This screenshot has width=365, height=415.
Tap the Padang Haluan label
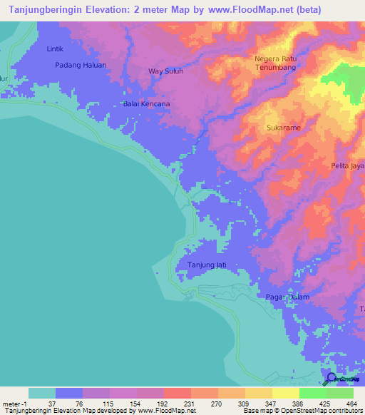[x=81, y=65]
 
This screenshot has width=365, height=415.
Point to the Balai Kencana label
[x=146, y=103]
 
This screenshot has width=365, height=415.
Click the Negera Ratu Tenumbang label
[x=275, y=63]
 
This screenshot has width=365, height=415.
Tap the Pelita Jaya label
[x=348, y=165]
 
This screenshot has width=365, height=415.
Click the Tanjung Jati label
[x=206, y=265]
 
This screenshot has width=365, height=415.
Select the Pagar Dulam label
[x=306, y=296]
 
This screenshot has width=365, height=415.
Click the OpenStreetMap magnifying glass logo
[x=331, y=378]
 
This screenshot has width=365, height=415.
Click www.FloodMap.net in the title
[x=257, y=10]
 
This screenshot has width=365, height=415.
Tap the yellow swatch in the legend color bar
[x=285, y=393]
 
